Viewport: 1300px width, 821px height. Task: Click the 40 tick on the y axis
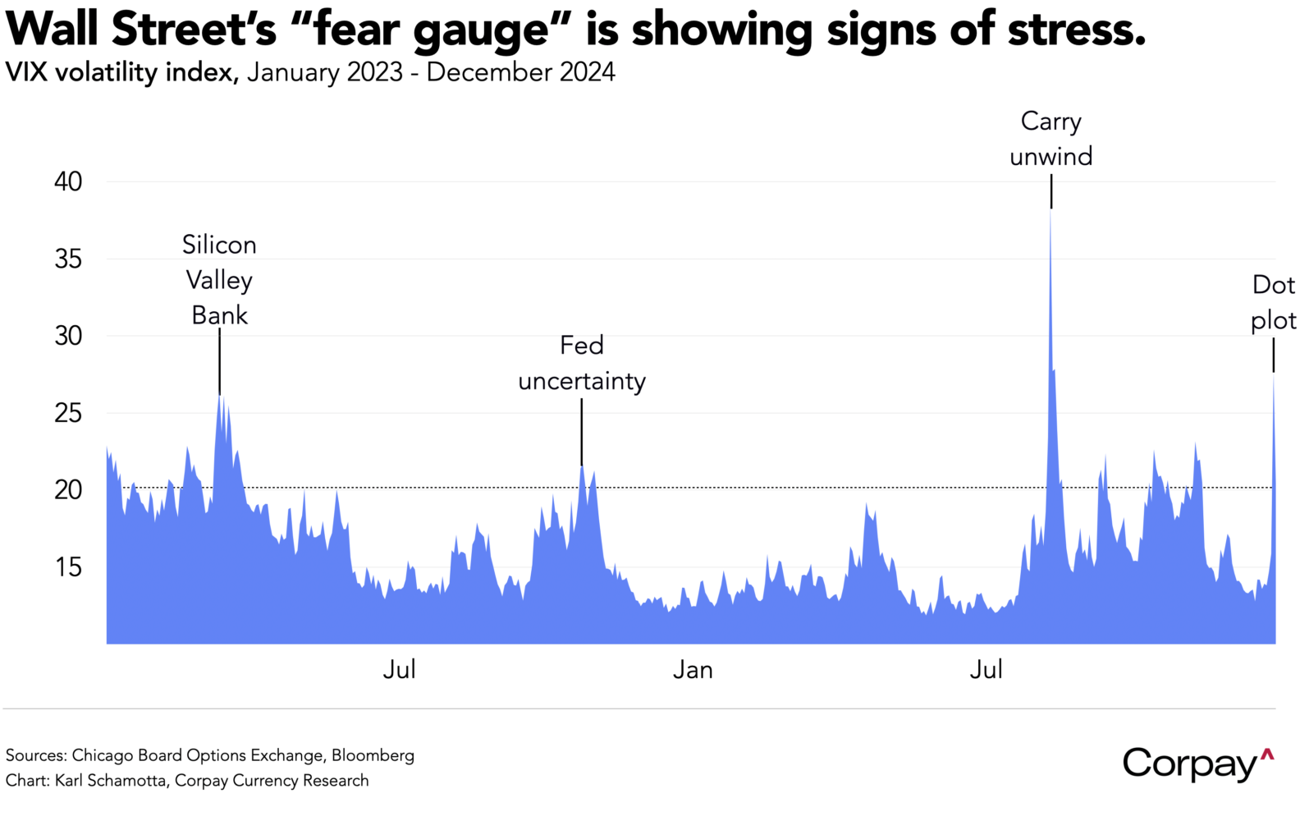(x=68, y=181)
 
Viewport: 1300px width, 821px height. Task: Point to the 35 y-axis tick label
(x=68, y=259)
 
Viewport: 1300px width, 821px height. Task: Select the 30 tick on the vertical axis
(x=68, y=336)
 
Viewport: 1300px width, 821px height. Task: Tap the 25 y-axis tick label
(x=68, y=412)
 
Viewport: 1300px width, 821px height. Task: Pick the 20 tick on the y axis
(x=68, y=489)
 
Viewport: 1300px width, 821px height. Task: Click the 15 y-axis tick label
(x=68, y=566)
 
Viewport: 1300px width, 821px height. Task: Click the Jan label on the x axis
(x=693, y=670)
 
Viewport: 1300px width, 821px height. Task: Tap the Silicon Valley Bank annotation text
(x=219, y=280)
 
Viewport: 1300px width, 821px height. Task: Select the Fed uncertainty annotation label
(x=582, y=363)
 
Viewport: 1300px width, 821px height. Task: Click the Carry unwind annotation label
(x=1051, y=139)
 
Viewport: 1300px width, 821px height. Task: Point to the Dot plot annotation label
(x=1273, y=302)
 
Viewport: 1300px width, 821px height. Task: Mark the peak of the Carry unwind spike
(x=1051, y=212)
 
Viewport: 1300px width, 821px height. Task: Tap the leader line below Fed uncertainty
(x=582, y=432)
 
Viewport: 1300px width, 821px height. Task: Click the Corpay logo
(x=1197, y=764)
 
